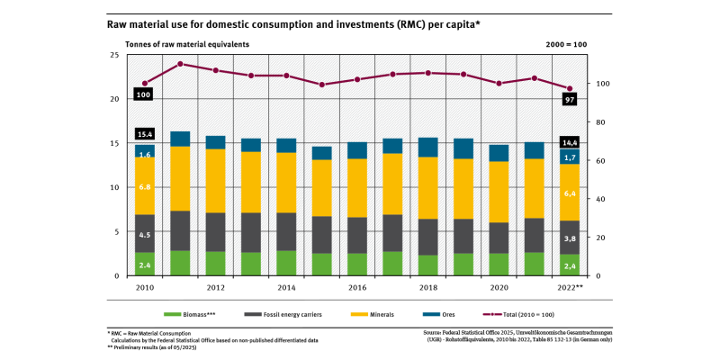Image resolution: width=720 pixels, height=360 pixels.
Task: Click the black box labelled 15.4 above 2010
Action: click(x=144, y=134)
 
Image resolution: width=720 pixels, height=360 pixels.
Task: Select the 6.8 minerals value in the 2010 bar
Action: click(x=144, y=186)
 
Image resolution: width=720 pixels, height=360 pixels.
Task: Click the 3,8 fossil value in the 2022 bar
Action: click(x=568, y=239)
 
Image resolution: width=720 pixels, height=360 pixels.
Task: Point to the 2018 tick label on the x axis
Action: click(x=427, y=288)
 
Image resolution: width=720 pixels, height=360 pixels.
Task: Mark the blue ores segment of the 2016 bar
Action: click(x=356, y=150)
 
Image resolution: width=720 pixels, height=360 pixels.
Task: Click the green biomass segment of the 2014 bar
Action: click(x=285, y=263)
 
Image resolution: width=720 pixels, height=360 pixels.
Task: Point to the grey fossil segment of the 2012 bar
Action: click(x=215, y=232)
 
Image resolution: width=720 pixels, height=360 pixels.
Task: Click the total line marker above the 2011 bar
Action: click(x=180, y=64)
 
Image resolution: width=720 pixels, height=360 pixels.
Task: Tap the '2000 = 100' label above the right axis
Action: click(x=566, y=43)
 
